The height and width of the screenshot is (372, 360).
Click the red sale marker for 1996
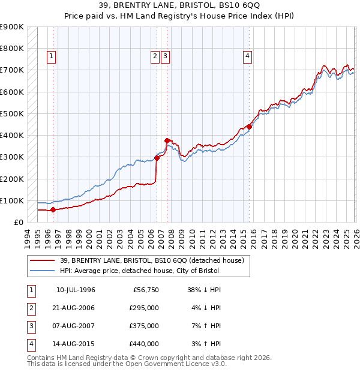[x=53, y=209]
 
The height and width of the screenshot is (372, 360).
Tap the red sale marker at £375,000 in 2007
[x=167, y=140]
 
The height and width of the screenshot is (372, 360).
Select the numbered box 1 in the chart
[x=52, y=57]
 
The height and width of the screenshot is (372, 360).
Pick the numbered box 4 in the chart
[x=247, y=57]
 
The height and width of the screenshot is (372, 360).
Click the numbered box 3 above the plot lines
[x=165, y=57]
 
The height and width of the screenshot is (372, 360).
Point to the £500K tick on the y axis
[x=12, y=113]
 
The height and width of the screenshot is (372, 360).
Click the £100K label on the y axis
[x=12, y=200]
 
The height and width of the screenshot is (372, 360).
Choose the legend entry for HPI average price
[x=139, y=271]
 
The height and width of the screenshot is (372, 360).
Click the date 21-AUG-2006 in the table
[x=76, y=308]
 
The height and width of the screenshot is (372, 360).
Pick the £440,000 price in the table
[x=143, y=344]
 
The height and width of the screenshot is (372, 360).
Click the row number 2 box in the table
[x=30, y=308]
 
